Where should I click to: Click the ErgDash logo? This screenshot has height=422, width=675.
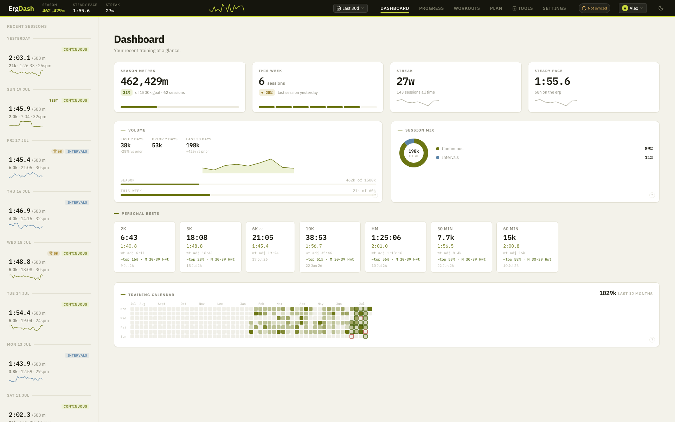tap(21, 8)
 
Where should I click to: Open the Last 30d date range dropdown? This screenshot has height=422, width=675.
tap(350, 8)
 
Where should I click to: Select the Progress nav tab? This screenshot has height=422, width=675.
tap(431, 8)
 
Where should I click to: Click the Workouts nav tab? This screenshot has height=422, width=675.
tap(467, 8)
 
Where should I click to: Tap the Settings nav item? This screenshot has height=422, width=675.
tap(554, 8)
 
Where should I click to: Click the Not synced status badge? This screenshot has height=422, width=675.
tap(594, 8)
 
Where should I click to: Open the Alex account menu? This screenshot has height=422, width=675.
tap(632, 8)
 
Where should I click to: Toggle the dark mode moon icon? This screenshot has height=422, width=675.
tap(661, 8)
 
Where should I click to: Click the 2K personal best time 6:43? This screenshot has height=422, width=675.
tap(129, 237)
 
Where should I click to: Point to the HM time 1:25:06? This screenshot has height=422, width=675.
tap(386, 237)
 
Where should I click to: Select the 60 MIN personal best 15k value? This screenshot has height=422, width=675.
tap(509, 237)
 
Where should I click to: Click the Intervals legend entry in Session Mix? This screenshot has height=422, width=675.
tap(450, 158)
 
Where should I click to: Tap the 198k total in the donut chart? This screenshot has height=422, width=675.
tap(413, 151)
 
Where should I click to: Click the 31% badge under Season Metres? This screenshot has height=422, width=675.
tap(127, 92)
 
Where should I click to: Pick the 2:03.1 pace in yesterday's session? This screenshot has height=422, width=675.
tap(20, 58)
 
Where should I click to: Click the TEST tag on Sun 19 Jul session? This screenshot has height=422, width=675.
tap(53, 101)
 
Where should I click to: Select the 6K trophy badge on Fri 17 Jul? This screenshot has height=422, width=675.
tap(58, 152)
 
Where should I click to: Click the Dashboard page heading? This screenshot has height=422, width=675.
tap(139, 39)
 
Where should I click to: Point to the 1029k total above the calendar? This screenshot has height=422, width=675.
tap(607, 293)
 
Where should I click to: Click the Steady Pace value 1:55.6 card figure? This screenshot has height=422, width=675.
tap(552, 81)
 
